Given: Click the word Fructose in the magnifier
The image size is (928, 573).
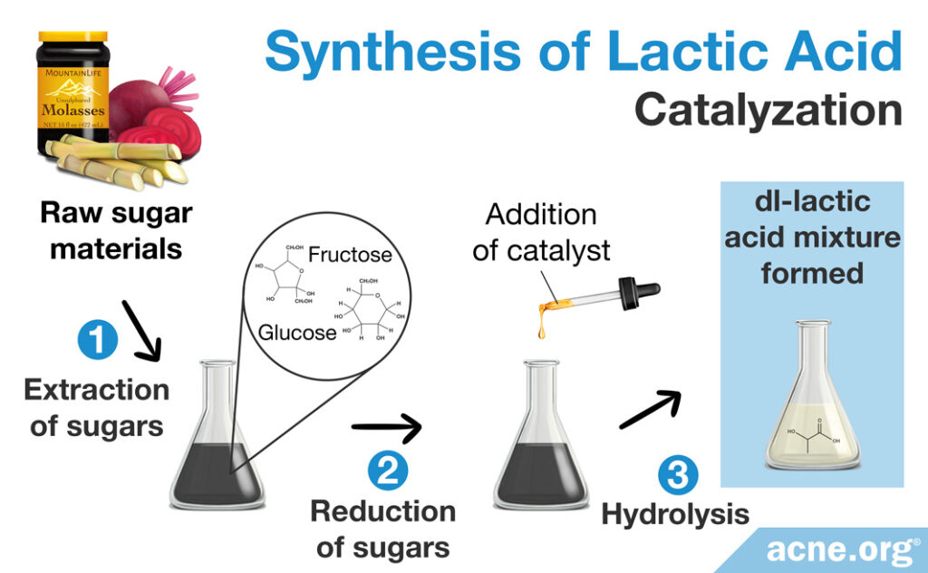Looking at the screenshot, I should [350, 254].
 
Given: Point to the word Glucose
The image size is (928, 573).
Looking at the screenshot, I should [297, 333].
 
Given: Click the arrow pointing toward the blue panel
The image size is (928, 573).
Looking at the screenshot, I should [649, 409].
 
